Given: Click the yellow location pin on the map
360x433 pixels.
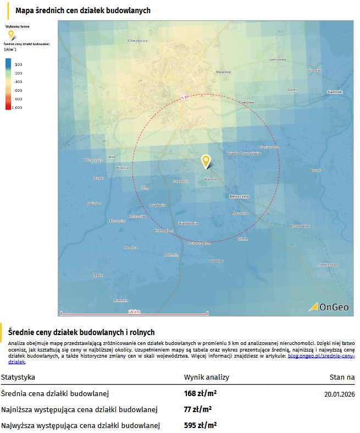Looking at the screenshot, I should (206, 161).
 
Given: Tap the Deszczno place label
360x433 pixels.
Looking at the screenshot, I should (239, 196).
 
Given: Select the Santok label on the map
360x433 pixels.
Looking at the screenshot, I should (334, 91).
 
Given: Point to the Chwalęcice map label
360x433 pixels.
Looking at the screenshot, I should (137, 40).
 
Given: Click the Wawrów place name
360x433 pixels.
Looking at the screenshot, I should (223, 72).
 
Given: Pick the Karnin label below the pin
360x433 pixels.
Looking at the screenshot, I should (211, 179).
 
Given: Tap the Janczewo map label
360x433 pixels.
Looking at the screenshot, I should (278, 59).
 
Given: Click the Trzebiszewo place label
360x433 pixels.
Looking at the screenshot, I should (326, 265).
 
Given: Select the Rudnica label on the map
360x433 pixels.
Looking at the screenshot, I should (121, 300).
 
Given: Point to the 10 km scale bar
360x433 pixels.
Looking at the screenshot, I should (134, 313).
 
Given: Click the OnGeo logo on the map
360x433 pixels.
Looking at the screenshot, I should (330, 306).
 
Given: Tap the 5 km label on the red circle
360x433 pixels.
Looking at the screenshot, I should (186, 97).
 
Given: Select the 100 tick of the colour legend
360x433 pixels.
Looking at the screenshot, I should (18, 65).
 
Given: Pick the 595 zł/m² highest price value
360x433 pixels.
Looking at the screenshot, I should (200, 425).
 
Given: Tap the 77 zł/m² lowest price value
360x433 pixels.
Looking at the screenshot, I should (198, 409).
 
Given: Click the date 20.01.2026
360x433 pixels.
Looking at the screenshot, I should (339, 394).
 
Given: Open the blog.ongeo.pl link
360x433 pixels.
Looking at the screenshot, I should (321, 357).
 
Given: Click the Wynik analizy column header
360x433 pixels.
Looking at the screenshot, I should (206, 377).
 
